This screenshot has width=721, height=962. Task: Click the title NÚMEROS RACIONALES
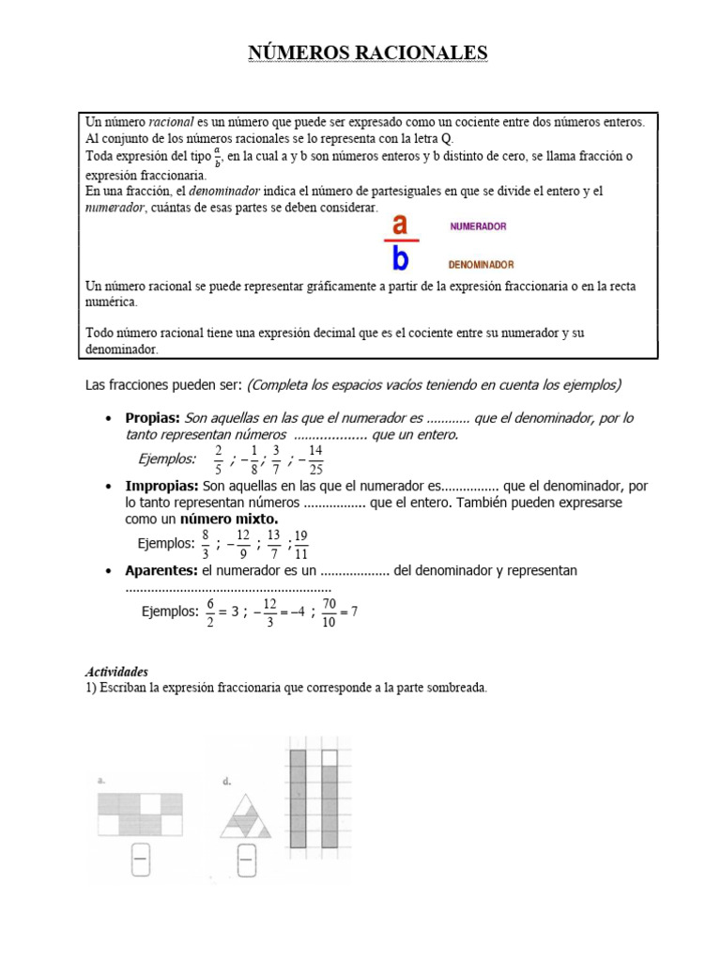click(368, 53)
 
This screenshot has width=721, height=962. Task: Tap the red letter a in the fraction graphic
click(400, 225)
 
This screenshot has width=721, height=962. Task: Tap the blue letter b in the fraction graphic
click(400, 257)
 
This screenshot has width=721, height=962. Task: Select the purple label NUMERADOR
click(478, 226)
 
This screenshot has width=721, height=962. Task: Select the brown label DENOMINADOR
click(481, 265)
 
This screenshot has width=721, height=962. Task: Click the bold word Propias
click(152, 418)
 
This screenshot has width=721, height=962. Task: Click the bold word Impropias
click(161, 486)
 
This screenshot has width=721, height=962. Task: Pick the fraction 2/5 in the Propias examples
click(218, 459)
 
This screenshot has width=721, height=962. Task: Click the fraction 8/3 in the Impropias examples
click(206, 543)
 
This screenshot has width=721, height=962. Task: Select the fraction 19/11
click(301, 543)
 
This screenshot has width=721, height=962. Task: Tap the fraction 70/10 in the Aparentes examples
click(329, 612)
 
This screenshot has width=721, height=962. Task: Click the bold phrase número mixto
click(229, 519)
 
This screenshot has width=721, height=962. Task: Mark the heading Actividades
click(116, 673)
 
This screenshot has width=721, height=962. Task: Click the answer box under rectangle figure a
click(141, 860)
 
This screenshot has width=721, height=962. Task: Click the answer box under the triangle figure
click(247, 860)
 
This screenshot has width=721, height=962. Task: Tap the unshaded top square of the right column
click(329, 758)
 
